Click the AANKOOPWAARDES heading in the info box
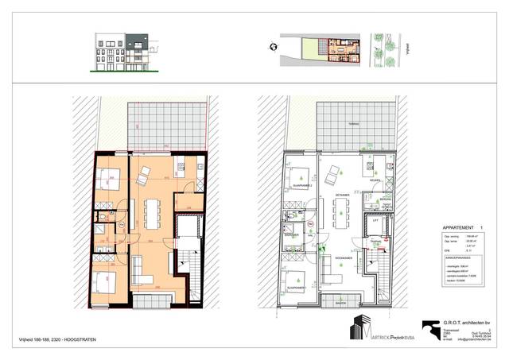tap(456, 257)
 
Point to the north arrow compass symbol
tap(274, 46)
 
